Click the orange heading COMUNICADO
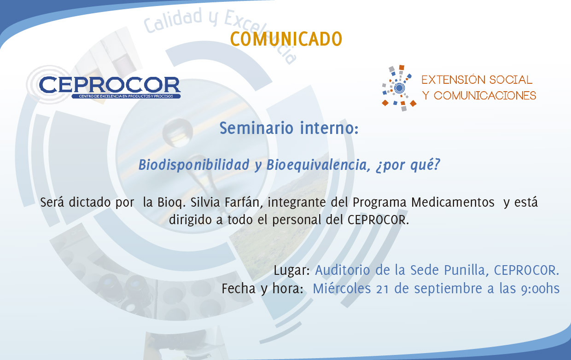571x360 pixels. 286,39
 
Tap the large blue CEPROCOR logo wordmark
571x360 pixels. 110,85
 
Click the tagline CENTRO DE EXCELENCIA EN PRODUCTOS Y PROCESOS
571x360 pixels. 126,96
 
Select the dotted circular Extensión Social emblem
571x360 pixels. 399,88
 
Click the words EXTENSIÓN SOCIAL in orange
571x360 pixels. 477,80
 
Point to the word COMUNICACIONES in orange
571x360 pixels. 485,96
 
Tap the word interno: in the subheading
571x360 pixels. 329,128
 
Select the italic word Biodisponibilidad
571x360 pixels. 194,165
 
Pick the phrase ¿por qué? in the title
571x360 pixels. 408,165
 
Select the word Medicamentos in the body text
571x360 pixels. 453,202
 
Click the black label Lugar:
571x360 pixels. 291,270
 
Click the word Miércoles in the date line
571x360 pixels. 342,289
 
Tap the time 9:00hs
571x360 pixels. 540,289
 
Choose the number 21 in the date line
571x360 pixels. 382,289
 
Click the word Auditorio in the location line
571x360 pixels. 343,270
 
